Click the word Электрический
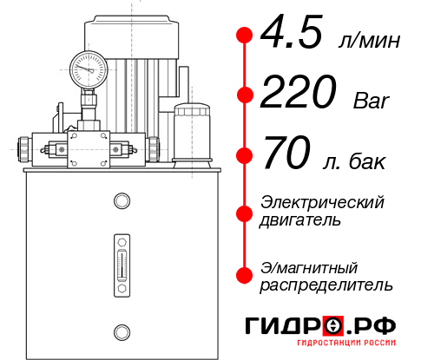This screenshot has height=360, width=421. (322, 202)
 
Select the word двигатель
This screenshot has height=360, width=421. (300, 220)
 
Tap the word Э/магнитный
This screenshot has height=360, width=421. (309, 265)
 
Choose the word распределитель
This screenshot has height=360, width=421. (326, 284)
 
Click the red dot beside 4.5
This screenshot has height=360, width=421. (245, 36)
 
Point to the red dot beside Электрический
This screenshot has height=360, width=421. (245, 211)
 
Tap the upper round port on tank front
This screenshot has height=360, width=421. (121, 201)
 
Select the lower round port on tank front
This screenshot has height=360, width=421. (121, 330)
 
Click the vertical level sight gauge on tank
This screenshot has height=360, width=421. (121, 264)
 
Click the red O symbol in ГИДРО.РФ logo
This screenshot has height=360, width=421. (332, 326)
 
